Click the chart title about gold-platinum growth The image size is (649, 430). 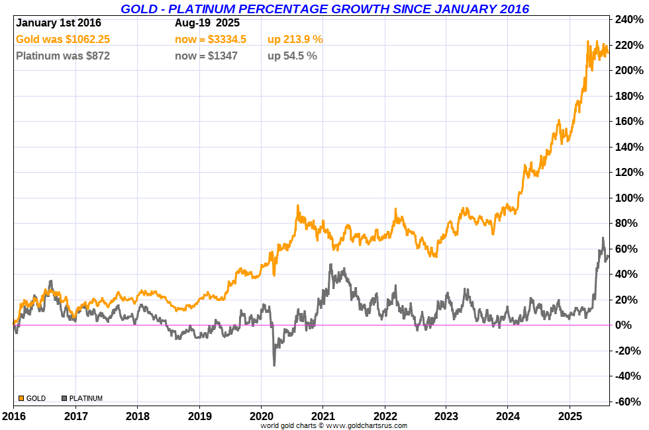pos(324,9)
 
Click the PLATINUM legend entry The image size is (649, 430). pos(82,398)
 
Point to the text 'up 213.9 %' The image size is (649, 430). pos(295,40)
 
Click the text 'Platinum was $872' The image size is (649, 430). pos(63,56)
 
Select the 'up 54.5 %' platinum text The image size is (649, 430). pos(292,56)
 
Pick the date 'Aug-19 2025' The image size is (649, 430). pos(207,22)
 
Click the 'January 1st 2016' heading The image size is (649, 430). pos(58,22)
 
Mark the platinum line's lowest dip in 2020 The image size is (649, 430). pos(274,365)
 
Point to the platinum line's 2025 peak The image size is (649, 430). pos(603,238)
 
